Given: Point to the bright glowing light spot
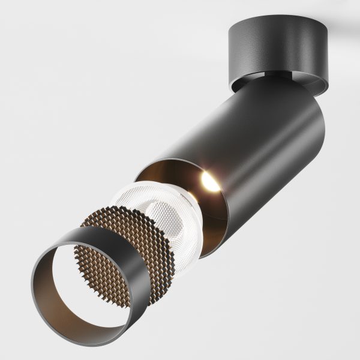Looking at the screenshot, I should coord(210,181).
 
